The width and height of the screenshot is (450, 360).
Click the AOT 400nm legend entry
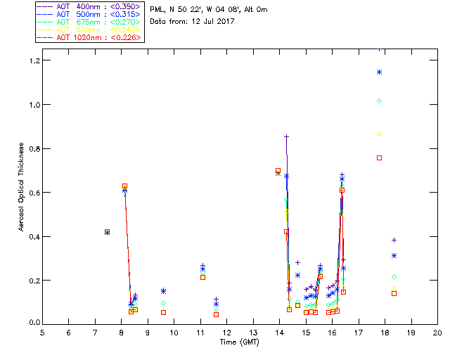tap(89, 6)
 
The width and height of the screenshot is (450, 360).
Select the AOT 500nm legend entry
tap(89, 14)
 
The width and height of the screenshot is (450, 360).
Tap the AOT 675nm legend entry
tap(89, 22)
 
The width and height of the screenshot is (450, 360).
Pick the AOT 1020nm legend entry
tap(89, 37)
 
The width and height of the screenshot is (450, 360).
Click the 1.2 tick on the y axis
tap(32, 60)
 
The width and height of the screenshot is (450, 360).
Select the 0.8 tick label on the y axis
tap(32, 148)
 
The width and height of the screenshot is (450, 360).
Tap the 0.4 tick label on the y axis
tap(32, 236)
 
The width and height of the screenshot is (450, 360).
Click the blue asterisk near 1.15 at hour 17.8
tap(379, 72)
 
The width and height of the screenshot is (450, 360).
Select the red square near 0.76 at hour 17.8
tap(379, 157)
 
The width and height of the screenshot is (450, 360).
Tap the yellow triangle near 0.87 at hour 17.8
tap(379, 133)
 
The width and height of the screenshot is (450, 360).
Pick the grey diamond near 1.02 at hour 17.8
tap(379, 101)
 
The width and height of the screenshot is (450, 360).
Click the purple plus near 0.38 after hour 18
tap(394, 240)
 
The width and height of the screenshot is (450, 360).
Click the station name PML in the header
tap(157, 9)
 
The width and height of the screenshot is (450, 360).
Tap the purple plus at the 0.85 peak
tap(286, 136)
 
